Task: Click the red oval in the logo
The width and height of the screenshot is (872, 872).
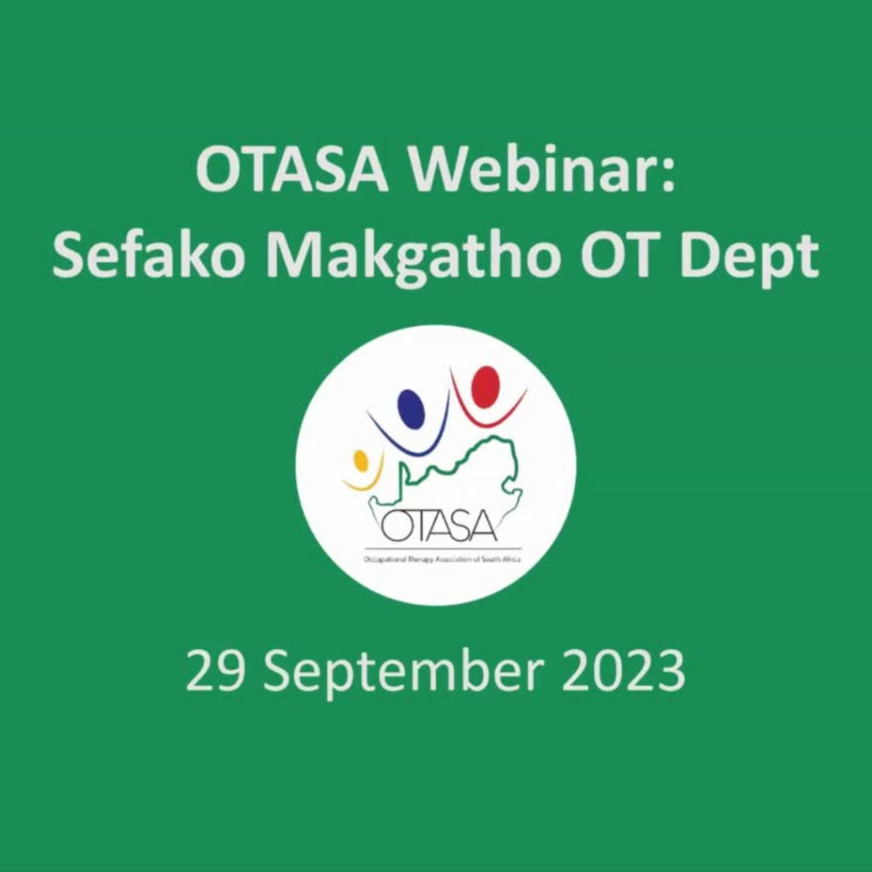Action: coord(485,387)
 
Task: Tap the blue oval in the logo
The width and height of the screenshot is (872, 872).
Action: coord(411,409)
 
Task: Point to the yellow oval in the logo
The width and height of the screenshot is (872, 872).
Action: coord(360,461)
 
